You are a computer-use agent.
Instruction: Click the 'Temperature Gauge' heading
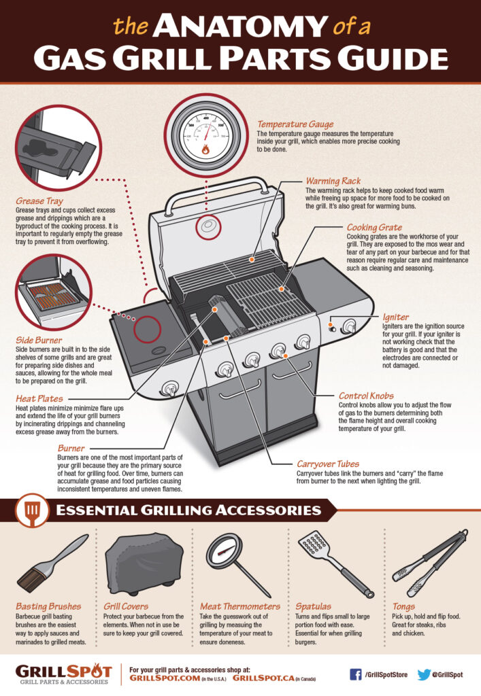click(295, 124)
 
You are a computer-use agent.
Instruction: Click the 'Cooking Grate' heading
click(374, 228)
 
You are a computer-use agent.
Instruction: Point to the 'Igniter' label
click(395, 317)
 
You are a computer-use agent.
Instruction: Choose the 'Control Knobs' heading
click(365, 395)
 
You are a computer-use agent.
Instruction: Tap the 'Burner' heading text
click(71, 449)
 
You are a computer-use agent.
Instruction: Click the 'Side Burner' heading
click(39, 339)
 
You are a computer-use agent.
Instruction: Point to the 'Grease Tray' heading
click(39, 201)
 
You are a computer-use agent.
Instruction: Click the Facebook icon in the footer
click(354, 674)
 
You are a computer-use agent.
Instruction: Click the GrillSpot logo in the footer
click(64, 673)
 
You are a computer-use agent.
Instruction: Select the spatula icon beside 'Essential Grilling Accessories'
click(31, 509)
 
